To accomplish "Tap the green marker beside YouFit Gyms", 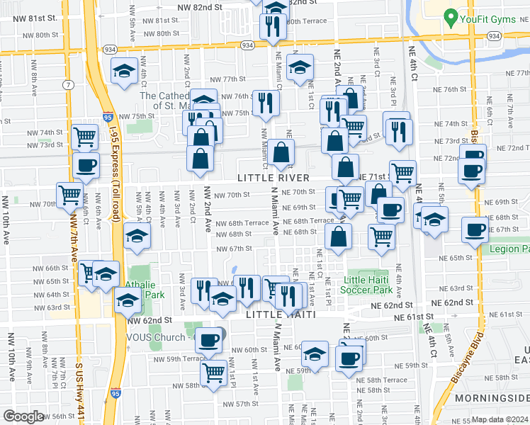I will coord(450,16).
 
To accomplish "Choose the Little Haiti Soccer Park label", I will coord(366,285).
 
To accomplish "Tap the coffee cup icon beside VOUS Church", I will coord(208,341).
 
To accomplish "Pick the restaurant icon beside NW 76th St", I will coord(266,103).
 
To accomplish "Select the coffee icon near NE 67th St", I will coord(475,229).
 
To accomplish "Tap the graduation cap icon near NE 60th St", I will coord(315,353).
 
